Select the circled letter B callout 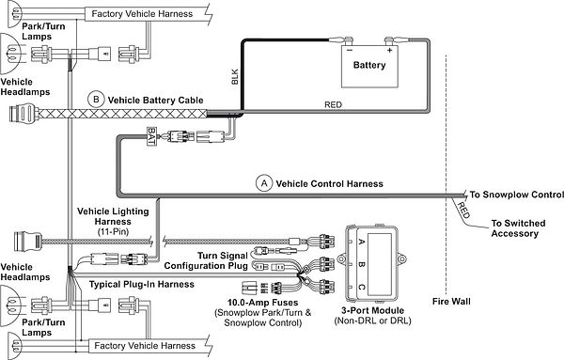click(x=94, y=98)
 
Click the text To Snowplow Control click(x=510, y=196)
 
